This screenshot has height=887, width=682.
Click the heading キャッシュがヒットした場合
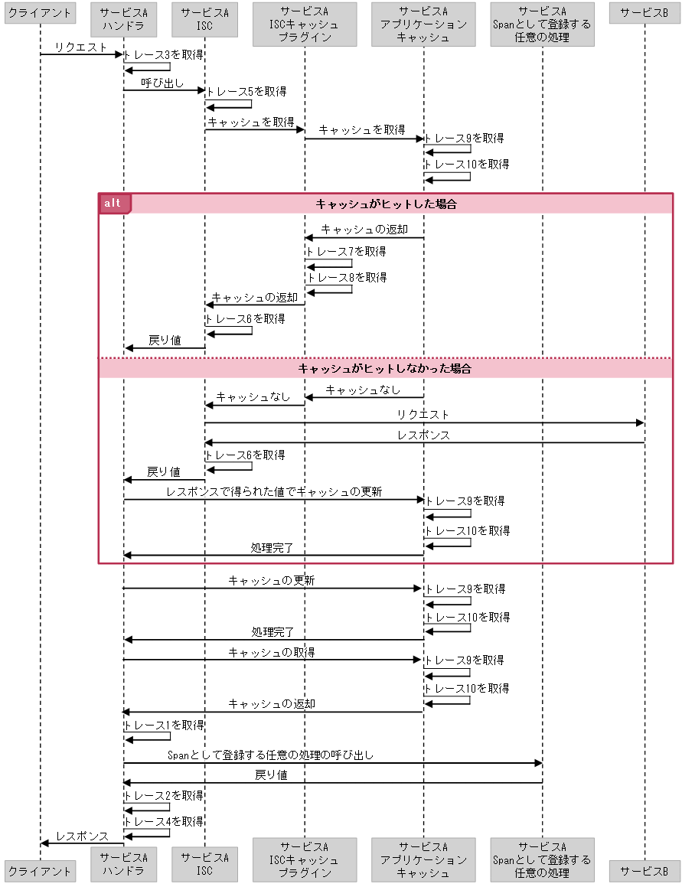386,204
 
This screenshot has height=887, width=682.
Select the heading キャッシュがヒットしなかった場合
384,369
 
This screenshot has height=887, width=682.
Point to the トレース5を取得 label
245,92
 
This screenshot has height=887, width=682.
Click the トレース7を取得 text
345,251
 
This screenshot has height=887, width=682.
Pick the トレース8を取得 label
346,278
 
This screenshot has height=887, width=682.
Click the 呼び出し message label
162,83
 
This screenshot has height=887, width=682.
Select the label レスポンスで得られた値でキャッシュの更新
274,492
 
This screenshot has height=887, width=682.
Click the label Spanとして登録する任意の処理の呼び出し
270,755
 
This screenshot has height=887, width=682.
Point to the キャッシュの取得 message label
272,652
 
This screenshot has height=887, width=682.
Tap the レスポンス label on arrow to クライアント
82,836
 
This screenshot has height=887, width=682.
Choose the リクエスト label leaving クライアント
80,47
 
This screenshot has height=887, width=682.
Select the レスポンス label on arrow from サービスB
423,435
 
